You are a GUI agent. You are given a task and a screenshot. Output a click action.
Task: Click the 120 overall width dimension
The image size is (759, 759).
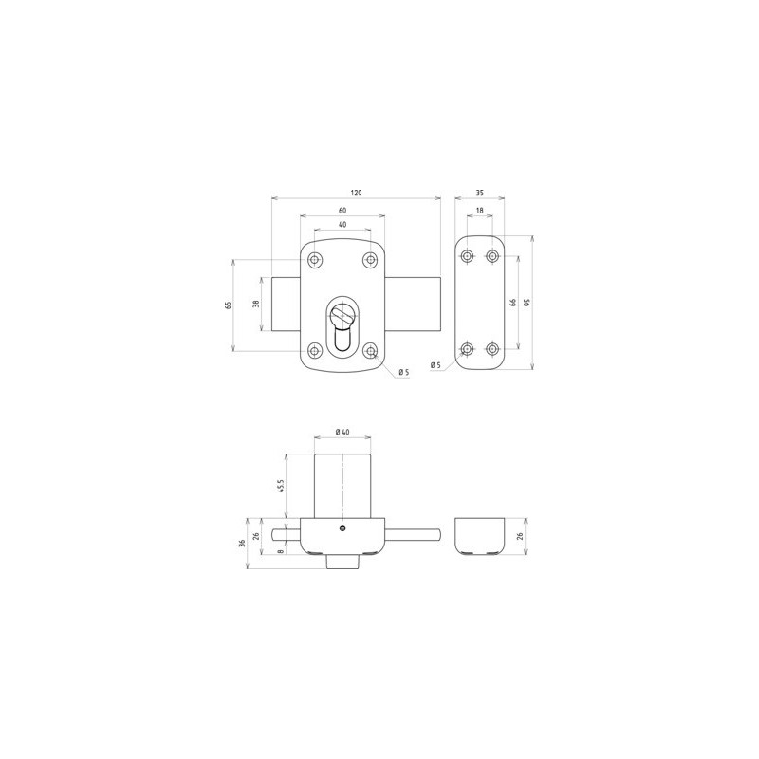(356, 193)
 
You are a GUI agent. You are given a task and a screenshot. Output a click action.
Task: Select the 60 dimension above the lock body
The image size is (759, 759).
(342, 211)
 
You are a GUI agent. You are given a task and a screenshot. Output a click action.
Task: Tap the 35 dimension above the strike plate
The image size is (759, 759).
(480, 193)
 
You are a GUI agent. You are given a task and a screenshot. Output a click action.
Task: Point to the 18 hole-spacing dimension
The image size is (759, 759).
(480, 211)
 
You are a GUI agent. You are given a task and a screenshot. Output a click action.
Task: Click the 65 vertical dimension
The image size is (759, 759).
(229, 305)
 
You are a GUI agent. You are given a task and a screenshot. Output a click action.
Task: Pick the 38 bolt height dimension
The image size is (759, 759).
(256, 304)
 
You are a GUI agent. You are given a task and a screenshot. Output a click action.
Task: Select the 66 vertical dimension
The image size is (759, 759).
(513, 303)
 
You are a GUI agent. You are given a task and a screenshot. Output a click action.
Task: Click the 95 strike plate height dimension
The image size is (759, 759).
(528, 303)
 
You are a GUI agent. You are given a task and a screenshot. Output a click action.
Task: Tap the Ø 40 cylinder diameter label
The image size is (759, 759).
(342, 432)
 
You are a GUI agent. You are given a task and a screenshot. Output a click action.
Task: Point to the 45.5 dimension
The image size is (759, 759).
(280, 486)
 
